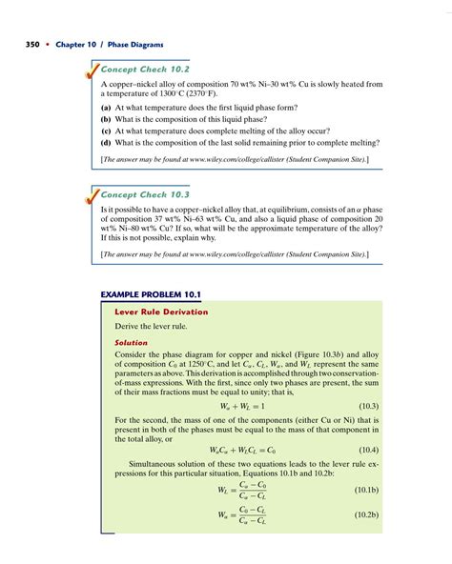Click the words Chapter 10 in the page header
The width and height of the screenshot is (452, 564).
72,45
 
